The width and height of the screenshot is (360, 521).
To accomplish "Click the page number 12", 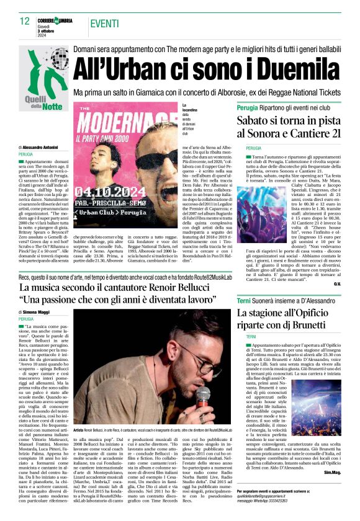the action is point(24,21).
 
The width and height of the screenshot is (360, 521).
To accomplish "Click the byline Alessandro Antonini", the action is point(46,147).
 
